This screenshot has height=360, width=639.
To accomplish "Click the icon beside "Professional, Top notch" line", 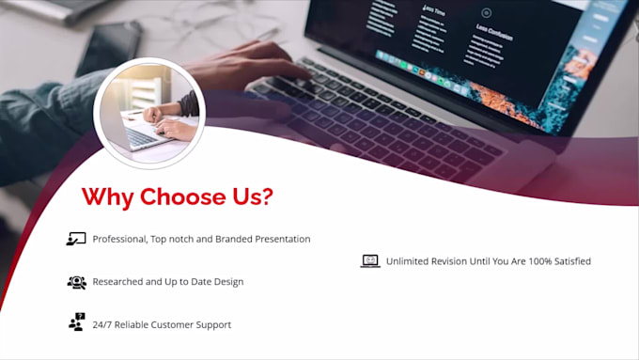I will (76, 239).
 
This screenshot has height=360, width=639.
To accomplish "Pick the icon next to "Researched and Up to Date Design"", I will (76, 282).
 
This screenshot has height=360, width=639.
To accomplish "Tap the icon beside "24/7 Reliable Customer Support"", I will (76, 322).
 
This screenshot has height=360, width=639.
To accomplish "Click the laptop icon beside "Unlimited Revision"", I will (370, 261).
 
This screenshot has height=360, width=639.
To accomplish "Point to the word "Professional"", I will (118, 240).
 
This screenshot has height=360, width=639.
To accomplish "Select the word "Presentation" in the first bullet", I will (277, 240).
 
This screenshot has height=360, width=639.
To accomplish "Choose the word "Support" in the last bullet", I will (211, 325).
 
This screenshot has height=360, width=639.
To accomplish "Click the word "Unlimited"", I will (409, 261).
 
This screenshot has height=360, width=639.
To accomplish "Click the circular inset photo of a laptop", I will (149, 114).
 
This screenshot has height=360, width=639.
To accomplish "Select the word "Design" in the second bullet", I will (226, 282).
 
